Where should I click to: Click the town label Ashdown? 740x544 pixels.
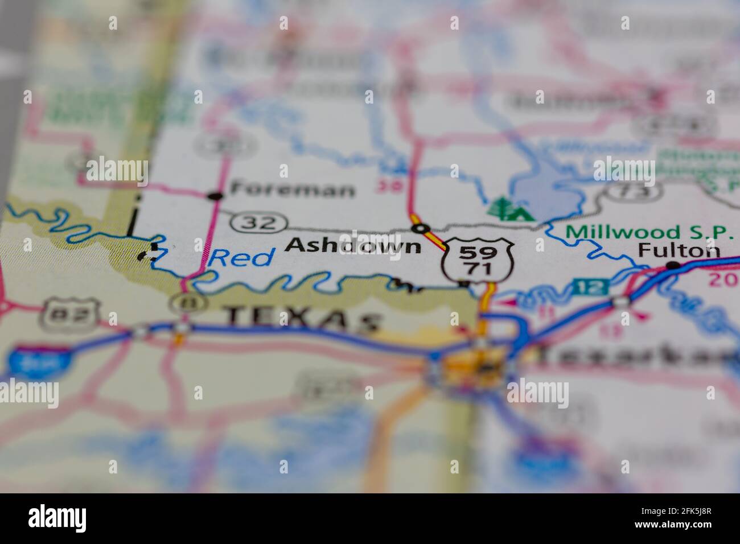[353, 245]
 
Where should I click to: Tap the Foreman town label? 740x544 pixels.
[291, 189]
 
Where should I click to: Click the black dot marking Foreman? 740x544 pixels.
[215, 196]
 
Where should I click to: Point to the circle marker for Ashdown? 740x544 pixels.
[421, 229]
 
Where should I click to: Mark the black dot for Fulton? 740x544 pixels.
[673, 265]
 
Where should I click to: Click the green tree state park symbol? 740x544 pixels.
[509, 208]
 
